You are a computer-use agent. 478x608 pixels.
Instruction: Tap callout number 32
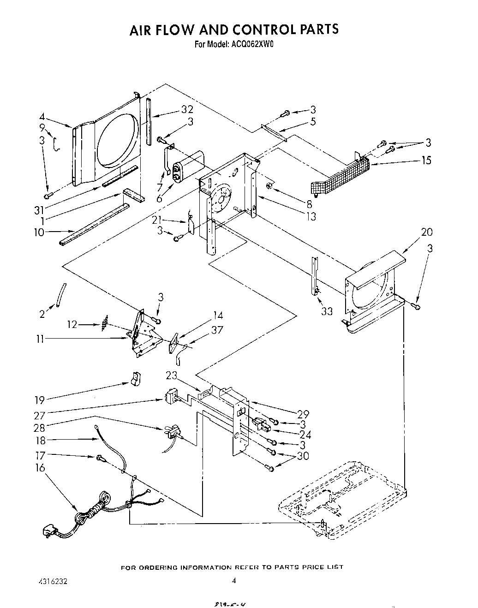[x=187, y=109]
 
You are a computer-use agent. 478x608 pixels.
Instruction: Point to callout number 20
[x=427, y=232]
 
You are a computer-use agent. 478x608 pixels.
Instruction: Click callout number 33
[x=327, y=311]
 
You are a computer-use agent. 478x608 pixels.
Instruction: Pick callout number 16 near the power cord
[x=40, y=468]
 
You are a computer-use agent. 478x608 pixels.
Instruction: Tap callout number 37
[x=216, y=329]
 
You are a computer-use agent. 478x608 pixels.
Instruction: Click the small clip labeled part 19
[x=136, y=379]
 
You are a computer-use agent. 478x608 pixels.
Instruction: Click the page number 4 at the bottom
[x=234, y=581]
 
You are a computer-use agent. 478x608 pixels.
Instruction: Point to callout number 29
[x=303, y=414]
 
